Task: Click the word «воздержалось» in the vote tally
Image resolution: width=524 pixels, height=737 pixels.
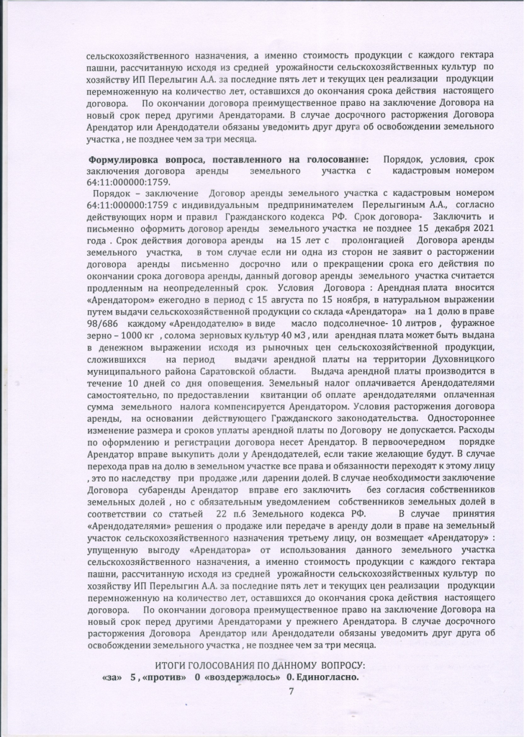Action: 243,677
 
